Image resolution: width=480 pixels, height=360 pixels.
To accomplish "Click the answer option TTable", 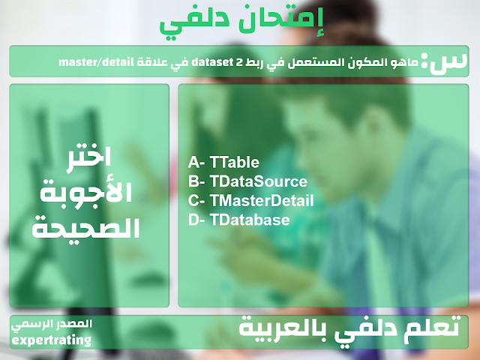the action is (235, 162).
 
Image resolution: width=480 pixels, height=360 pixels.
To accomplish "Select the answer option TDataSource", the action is (258, 181).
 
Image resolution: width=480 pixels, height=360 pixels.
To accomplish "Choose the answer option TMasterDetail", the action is (262, 201).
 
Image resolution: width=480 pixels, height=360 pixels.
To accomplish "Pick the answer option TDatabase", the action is (250, 220).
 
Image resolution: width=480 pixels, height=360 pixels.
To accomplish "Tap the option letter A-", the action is (196, 162).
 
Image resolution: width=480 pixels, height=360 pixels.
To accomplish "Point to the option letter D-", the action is (196, 220).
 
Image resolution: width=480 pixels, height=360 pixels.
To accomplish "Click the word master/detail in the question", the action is (96, 62).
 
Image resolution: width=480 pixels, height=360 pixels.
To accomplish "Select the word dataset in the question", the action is (212, 62).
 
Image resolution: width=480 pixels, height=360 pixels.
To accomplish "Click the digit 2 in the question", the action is (240, 62).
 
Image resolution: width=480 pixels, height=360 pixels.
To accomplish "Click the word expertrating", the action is (52, 340).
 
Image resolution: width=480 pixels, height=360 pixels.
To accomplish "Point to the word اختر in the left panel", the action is (88, 159).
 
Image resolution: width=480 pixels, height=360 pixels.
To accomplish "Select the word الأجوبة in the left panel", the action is (86, 192).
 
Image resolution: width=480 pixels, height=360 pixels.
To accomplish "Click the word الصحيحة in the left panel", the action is (86, 226).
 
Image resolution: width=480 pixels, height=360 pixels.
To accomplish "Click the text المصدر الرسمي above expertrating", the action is (52, 325).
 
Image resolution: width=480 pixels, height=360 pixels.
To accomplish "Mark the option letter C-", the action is (196, 201).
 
